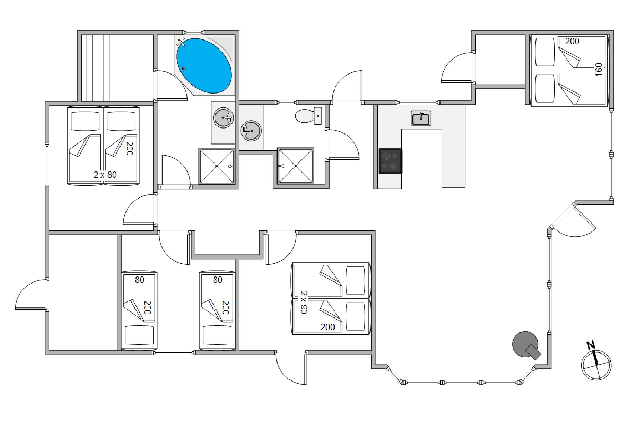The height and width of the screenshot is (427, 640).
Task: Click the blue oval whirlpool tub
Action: [204, 65]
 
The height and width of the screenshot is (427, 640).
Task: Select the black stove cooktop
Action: [390, 161]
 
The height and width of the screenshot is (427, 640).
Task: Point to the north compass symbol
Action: [596, 365]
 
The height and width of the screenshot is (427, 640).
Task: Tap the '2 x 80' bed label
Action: [105, 175]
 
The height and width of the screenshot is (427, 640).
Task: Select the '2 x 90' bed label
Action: [304, 302]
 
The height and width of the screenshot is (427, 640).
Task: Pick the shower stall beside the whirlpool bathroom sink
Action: [217, 166]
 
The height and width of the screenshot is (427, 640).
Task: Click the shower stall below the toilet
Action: [295, 166]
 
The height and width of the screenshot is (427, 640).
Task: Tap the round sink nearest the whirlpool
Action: [223, 118]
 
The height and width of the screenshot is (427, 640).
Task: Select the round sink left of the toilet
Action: [251, 130]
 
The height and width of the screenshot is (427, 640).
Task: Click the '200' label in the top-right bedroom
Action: [572, 41]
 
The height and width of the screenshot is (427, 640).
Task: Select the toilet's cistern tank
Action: [318, 116]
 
